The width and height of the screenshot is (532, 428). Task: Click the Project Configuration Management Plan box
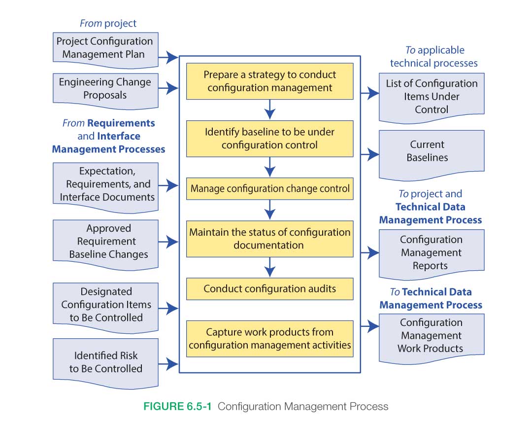point(105,48)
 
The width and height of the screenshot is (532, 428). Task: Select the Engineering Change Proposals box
point(105,89)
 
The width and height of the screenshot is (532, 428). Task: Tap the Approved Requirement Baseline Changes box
point(105,242)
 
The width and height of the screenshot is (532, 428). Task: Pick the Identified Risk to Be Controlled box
point(105,362)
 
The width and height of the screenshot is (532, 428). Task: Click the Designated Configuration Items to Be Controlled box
point(105,305)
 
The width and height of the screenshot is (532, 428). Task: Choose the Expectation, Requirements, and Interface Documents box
point(105,184)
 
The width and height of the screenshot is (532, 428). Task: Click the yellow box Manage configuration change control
point(269,188)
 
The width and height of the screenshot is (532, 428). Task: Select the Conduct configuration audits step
point(269,289)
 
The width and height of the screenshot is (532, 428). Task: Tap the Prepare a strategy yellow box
point(269,81)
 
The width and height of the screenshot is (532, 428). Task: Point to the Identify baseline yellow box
point(269,139)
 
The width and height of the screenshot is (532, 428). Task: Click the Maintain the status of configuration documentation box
point(269,239)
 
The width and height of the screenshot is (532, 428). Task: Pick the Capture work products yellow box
point(269,338)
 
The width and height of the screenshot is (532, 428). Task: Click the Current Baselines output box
point(432,152)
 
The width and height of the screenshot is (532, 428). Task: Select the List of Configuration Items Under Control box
point(432,96)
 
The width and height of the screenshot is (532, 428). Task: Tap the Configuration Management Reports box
point(432,252)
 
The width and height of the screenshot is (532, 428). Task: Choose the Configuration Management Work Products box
point(432,335)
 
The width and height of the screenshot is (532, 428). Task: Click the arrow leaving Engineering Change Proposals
point(169,89)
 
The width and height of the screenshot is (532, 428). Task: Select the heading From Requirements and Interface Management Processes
point(108,136)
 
